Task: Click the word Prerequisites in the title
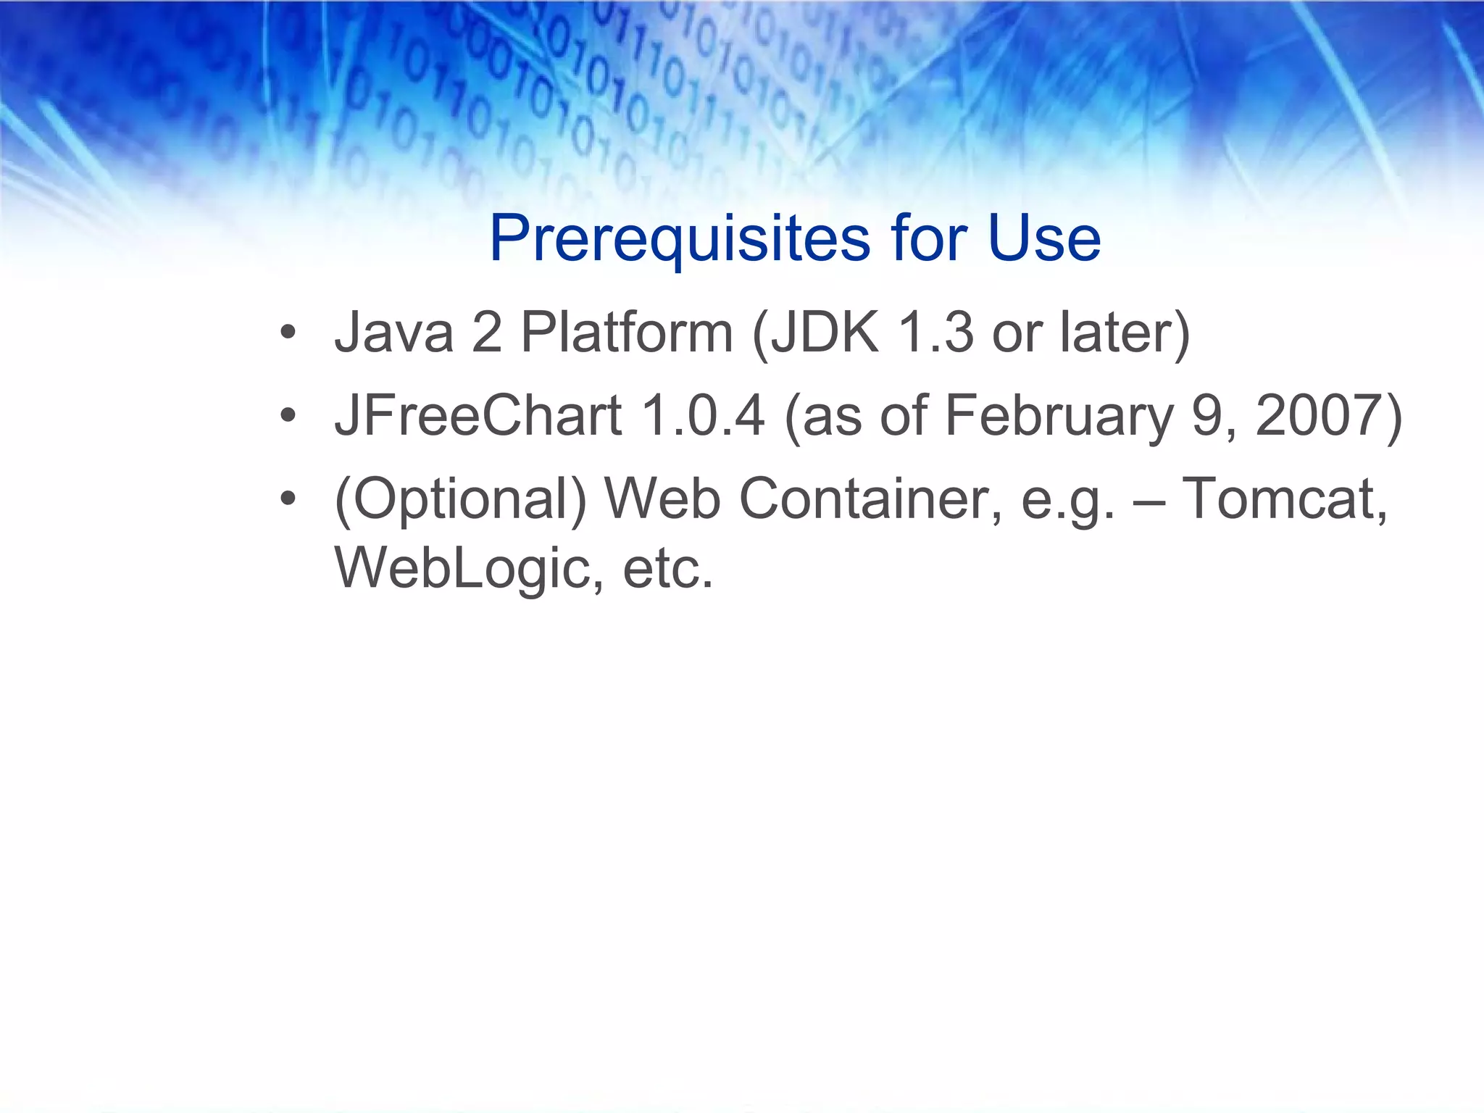(680, 239)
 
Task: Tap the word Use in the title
(1044, 239)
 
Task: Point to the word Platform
(628, 333)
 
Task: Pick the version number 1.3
(935, 333)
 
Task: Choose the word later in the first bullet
(1123, 333)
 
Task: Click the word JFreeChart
(478, 416)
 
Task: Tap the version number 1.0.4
(703, 416)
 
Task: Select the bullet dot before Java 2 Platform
(288, 333)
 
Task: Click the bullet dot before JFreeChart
(288, 416)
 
